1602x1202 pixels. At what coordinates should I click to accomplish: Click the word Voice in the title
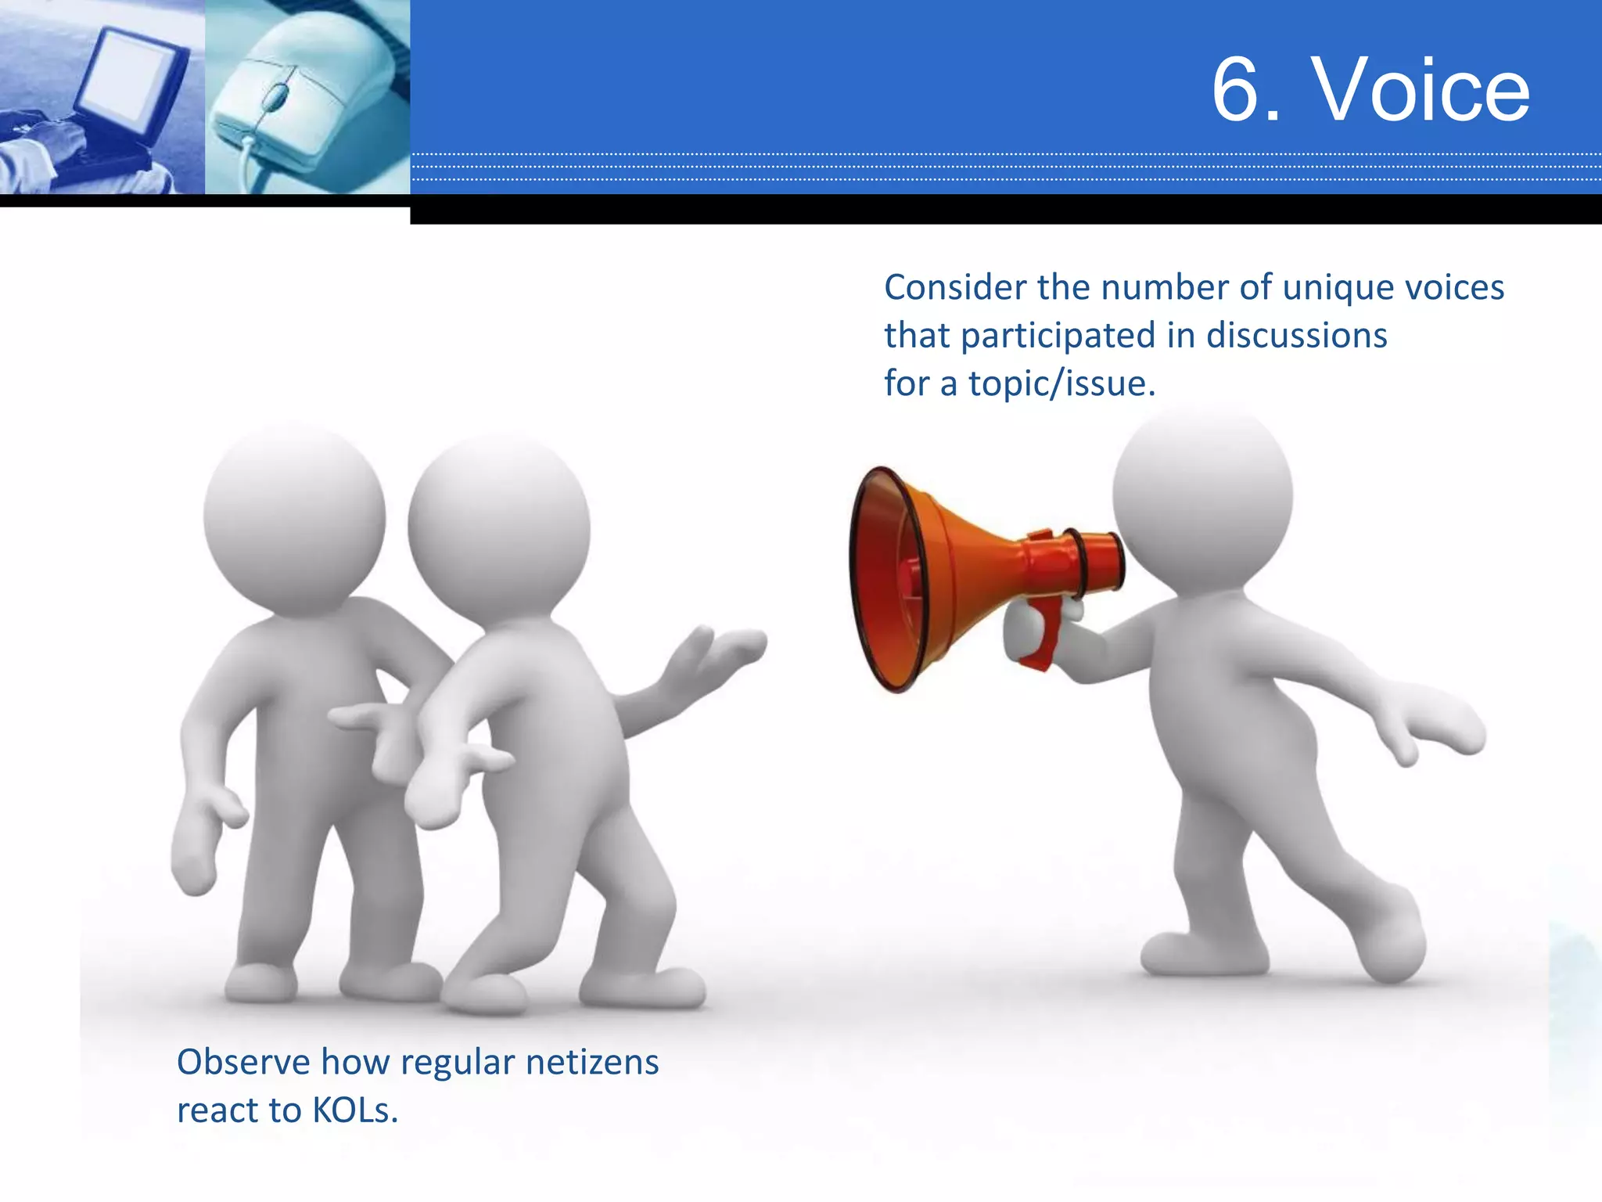click(1421, 90)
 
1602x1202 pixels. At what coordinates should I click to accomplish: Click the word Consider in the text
click(954, 287)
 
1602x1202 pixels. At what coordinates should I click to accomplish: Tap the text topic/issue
click(1061, 384)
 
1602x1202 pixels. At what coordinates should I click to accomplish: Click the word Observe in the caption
click(243, 1062)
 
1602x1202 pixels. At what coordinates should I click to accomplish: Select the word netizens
click(592, 1062)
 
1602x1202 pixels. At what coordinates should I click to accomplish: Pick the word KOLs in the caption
click(355, 1110)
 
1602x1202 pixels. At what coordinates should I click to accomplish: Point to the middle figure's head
click(499, 528)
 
